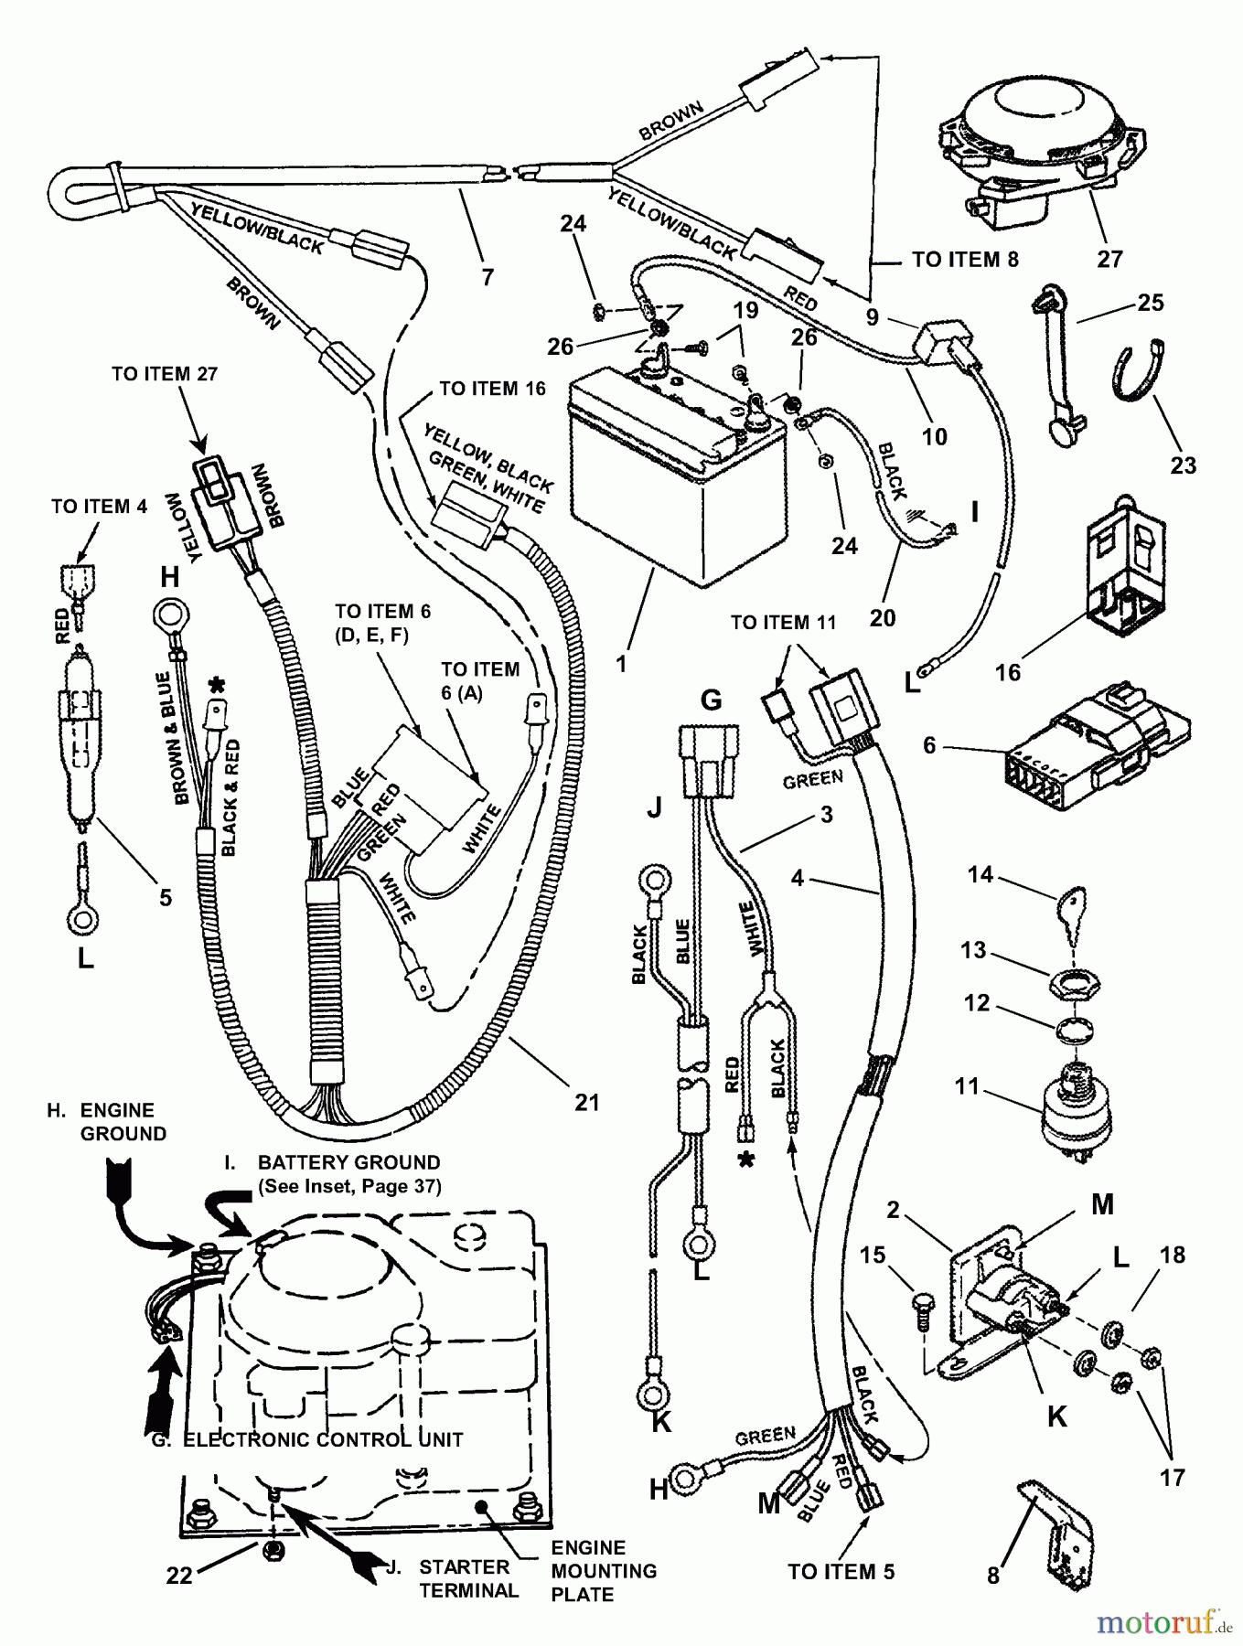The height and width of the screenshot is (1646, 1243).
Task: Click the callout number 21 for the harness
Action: coord(586,1102)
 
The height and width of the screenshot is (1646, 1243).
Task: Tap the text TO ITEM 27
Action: coord(165,374)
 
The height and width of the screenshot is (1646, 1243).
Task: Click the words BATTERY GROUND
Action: coord(348,1162)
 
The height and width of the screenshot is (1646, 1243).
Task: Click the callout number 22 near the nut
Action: coord(179,1577)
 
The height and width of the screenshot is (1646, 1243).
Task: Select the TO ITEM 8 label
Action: coord(965,260)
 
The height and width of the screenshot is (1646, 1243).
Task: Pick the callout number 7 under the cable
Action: coord(488,275)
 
